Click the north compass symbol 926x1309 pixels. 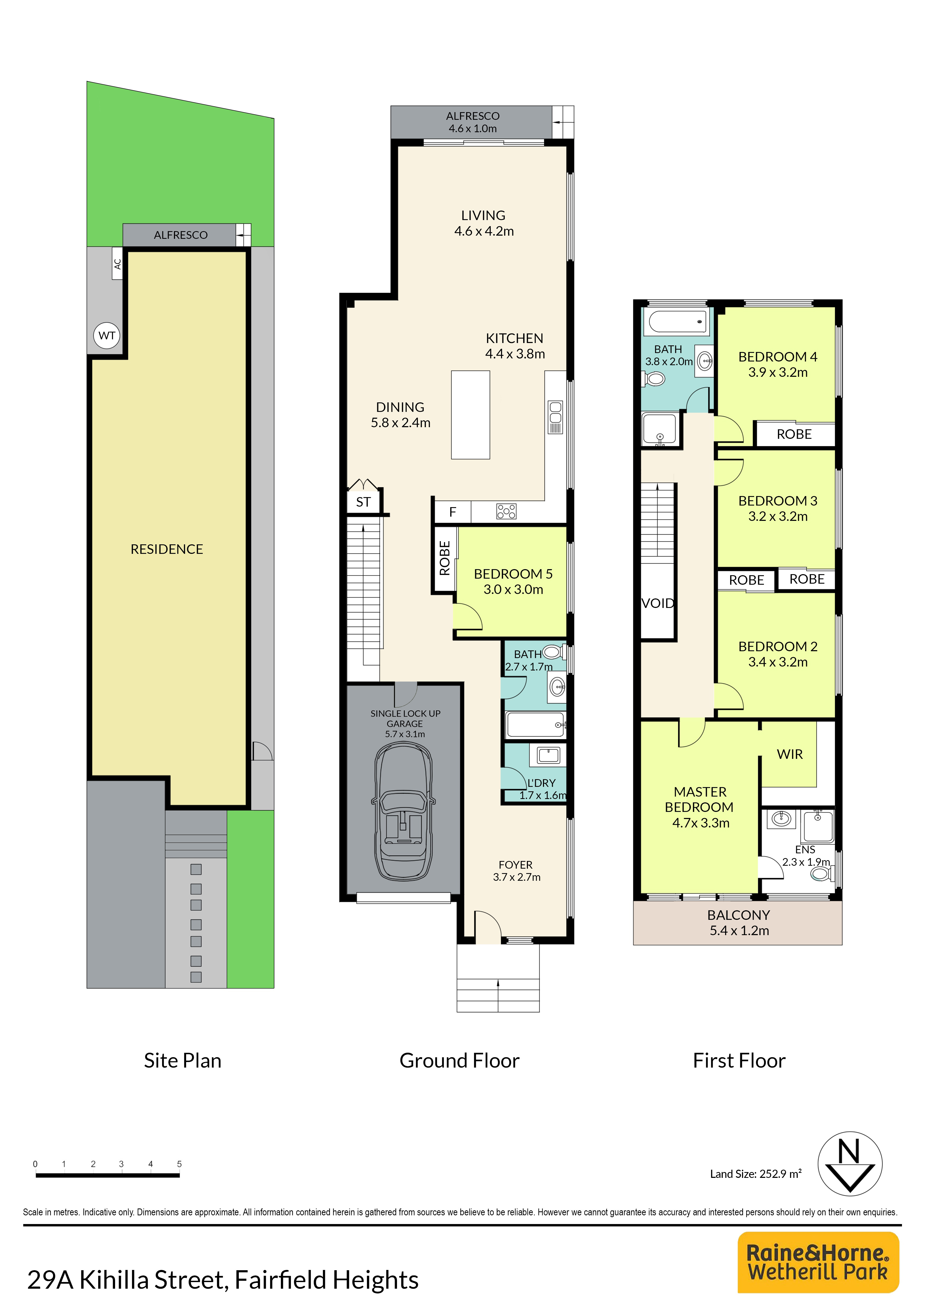pos(850,1164)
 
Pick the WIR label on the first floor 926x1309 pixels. pos(790,754)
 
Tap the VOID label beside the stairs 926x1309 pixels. pos(658,603)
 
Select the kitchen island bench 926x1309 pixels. pos(470,415)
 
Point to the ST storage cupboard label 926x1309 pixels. pos(363,502)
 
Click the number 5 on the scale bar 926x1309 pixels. pos(179,1164)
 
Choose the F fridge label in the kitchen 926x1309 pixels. pos(453,512)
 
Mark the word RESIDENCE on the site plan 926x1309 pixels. pos(167,549)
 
